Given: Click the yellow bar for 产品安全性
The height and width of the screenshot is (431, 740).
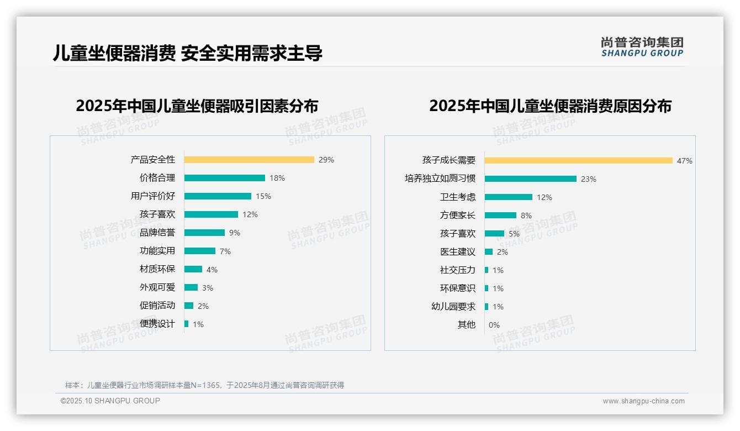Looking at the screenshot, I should click(249, 160).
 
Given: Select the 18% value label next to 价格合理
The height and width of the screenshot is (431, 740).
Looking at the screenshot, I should click(277, 178).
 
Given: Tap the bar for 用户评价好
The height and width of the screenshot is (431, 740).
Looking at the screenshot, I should click(218, 196).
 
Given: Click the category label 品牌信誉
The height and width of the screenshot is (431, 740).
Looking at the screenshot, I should click(157, 233).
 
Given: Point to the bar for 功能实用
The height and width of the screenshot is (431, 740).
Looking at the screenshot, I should click(200, 251).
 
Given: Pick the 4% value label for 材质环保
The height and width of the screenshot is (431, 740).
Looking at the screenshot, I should click(212, 270).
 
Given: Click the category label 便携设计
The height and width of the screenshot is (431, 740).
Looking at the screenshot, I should click(157, 324).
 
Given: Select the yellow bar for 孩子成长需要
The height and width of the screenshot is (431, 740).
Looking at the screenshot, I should click(578, 161).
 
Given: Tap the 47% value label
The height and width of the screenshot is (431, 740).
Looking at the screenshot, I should click(685, 161).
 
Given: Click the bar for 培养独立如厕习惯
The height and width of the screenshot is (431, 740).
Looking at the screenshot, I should click(531, 179).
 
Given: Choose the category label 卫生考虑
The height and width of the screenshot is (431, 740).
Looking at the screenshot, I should click(458, 197).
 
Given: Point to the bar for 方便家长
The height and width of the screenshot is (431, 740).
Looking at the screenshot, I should click(500, 215).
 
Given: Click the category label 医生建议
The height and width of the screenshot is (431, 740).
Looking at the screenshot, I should click(458, 252).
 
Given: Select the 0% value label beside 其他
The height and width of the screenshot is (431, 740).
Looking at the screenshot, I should click(494, 325).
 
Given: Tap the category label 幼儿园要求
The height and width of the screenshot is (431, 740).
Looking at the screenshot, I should click(453, 307).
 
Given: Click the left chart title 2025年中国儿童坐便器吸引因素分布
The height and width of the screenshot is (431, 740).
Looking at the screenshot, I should click(197, 106).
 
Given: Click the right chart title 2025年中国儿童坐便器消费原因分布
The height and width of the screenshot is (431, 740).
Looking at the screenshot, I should click(550, 106).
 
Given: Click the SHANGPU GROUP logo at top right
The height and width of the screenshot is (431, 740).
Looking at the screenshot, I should click(642, 47).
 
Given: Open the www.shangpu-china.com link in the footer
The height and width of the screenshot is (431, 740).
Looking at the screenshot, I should click(643, 401).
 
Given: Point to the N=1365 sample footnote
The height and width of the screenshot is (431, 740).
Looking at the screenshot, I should click(204, 385).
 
